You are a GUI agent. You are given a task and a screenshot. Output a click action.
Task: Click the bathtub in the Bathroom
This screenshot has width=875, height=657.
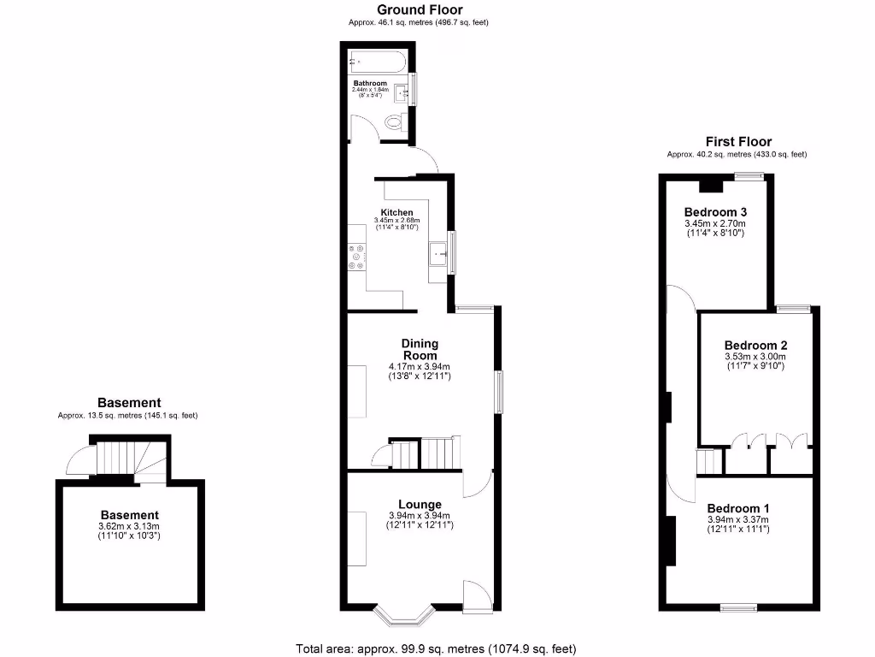[378, 62]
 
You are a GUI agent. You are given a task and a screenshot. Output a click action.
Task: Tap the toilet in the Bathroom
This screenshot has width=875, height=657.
[394, 123]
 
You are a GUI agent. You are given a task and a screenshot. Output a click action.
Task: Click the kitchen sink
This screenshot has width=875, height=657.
[438, 254]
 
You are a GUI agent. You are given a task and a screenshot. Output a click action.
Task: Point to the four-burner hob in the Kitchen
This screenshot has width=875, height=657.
[357, 256]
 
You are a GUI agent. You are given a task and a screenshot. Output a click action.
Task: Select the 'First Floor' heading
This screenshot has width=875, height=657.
[737, 142]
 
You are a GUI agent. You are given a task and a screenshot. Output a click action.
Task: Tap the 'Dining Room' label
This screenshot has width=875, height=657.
[420, 349]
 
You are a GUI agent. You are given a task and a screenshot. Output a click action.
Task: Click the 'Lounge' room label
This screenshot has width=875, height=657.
[420, 504]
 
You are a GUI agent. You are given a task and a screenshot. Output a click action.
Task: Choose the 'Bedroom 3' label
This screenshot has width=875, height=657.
[715, 212]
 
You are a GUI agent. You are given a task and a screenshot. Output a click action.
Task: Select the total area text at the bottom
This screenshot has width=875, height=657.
[442, 648]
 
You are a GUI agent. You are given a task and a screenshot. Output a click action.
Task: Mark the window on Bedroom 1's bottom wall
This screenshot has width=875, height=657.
[738, 608]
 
